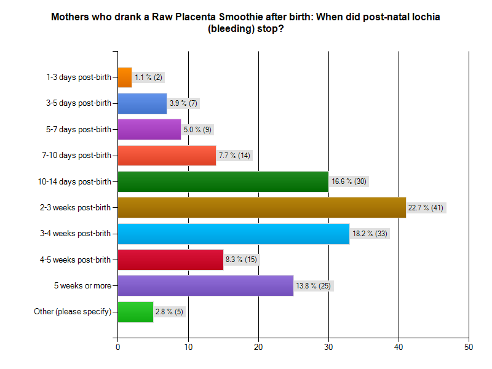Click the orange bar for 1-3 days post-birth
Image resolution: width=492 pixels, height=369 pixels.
pos(124,77)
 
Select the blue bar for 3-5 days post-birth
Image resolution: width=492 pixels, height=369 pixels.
pos(142,103)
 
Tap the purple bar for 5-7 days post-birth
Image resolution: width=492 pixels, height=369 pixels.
pos(149,129)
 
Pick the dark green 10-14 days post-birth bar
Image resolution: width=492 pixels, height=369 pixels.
pos(223,181)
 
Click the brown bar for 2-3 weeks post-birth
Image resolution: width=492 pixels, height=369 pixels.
pos(261,207)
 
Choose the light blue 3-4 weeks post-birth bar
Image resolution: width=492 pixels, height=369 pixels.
pos(233,234)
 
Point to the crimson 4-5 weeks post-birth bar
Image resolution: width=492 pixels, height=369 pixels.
pos(170,260)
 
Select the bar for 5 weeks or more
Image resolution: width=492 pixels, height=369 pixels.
pos(205,285)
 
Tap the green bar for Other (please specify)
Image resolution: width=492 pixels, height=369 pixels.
pos(135,312)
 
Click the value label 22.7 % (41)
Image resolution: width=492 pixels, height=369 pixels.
pos(426,208)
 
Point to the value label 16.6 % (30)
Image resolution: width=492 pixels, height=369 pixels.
pos(349,181)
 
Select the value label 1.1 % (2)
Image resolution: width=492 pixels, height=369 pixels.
pos(148,77)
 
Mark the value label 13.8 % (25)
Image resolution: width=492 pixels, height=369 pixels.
pos(314,286)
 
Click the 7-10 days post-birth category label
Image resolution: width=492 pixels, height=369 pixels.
pos(79,156)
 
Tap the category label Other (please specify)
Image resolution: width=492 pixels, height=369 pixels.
pos(73,312)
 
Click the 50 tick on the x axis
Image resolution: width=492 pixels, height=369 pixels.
pos(469,347)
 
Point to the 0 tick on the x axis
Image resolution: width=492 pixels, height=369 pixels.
pos(117,347)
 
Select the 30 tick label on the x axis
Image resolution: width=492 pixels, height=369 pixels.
pos(328,347)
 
